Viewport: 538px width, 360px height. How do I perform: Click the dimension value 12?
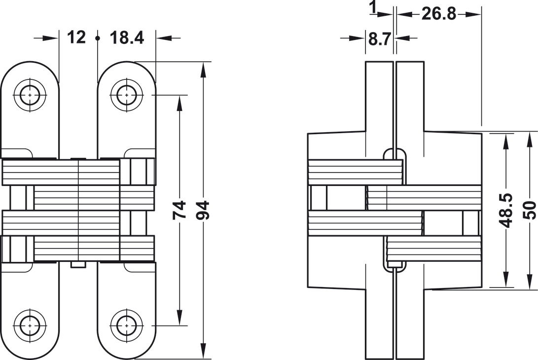click(76, 37)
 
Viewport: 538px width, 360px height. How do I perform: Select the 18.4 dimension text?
click(126, 37)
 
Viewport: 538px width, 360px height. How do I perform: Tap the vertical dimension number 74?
click(180, 210)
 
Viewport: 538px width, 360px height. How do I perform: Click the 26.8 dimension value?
click(439, 14)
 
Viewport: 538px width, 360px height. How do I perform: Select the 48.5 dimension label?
click(506, 210)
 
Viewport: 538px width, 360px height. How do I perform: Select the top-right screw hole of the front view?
click(127, 94)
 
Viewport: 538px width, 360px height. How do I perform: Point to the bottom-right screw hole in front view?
click(127, 325)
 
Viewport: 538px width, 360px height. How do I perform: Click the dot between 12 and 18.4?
click(98, 38)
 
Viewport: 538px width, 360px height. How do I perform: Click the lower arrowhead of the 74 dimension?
click(180, 319)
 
